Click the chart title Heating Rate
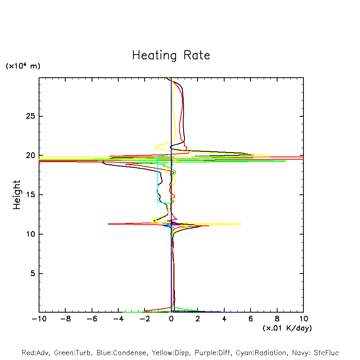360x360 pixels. [171, 55]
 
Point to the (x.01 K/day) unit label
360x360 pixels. [287, 328]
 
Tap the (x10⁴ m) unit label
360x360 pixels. [23, 66]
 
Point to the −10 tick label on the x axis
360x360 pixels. [38, 319]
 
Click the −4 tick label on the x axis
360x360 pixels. [118, 319]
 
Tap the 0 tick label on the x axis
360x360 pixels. [171, 319]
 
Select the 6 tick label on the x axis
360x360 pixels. [250, 319]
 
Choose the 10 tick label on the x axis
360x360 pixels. [303, 319]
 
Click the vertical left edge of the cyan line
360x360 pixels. [158, 179]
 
